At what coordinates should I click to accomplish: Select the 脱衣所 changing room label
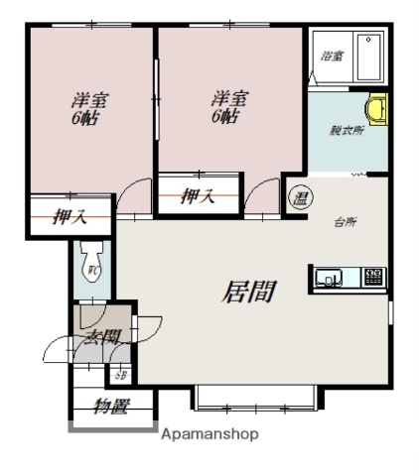[345, 130]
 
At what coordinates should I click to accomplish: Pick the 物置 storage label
[112, 406]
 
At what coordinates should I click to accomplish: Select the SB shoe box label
[121, 375]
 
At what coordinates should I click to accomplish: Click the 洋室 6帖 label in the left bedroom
[88, 108]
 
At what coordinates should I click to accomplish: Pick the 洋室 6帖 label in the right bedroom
[227, 106]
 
